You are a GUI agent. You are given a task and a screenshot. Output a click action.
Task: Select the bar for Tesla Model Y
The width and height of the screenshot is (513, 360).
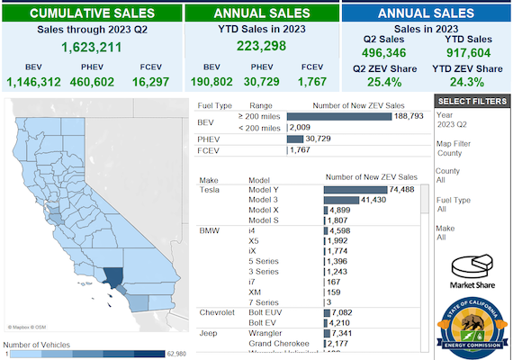point(356,190)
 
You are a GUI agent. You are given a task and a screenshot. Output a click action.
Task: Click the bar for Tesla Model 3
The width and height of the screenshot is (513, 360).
point(342,199)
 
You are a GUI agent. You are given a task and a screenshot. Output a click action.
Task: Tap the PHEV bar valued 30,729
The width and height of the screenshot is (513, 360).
point(295,139)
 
